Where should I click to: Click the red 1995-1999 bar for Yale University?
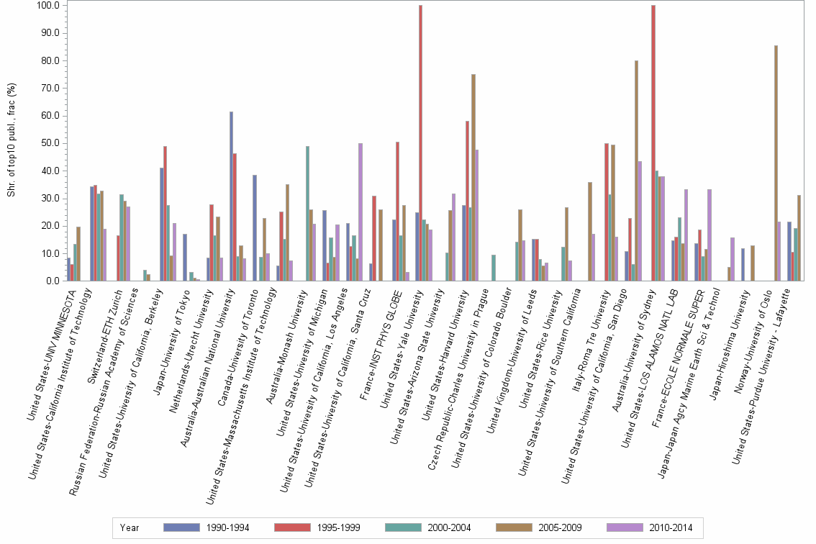click(x=421, y=144)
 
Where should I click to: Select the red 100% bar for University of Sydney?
click(x=653, y=144)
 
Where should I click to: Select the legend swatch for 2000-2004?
click(x=406, y=527)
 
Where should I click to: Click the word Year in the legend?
click(x=130, y=527)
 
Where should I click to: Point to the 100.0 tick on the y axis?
click(x=48, y=6)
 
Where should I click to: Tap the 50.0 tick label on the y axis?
click(x=50, y=143)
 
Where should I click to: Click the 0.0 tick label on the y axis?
click(x=52, y=281)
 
